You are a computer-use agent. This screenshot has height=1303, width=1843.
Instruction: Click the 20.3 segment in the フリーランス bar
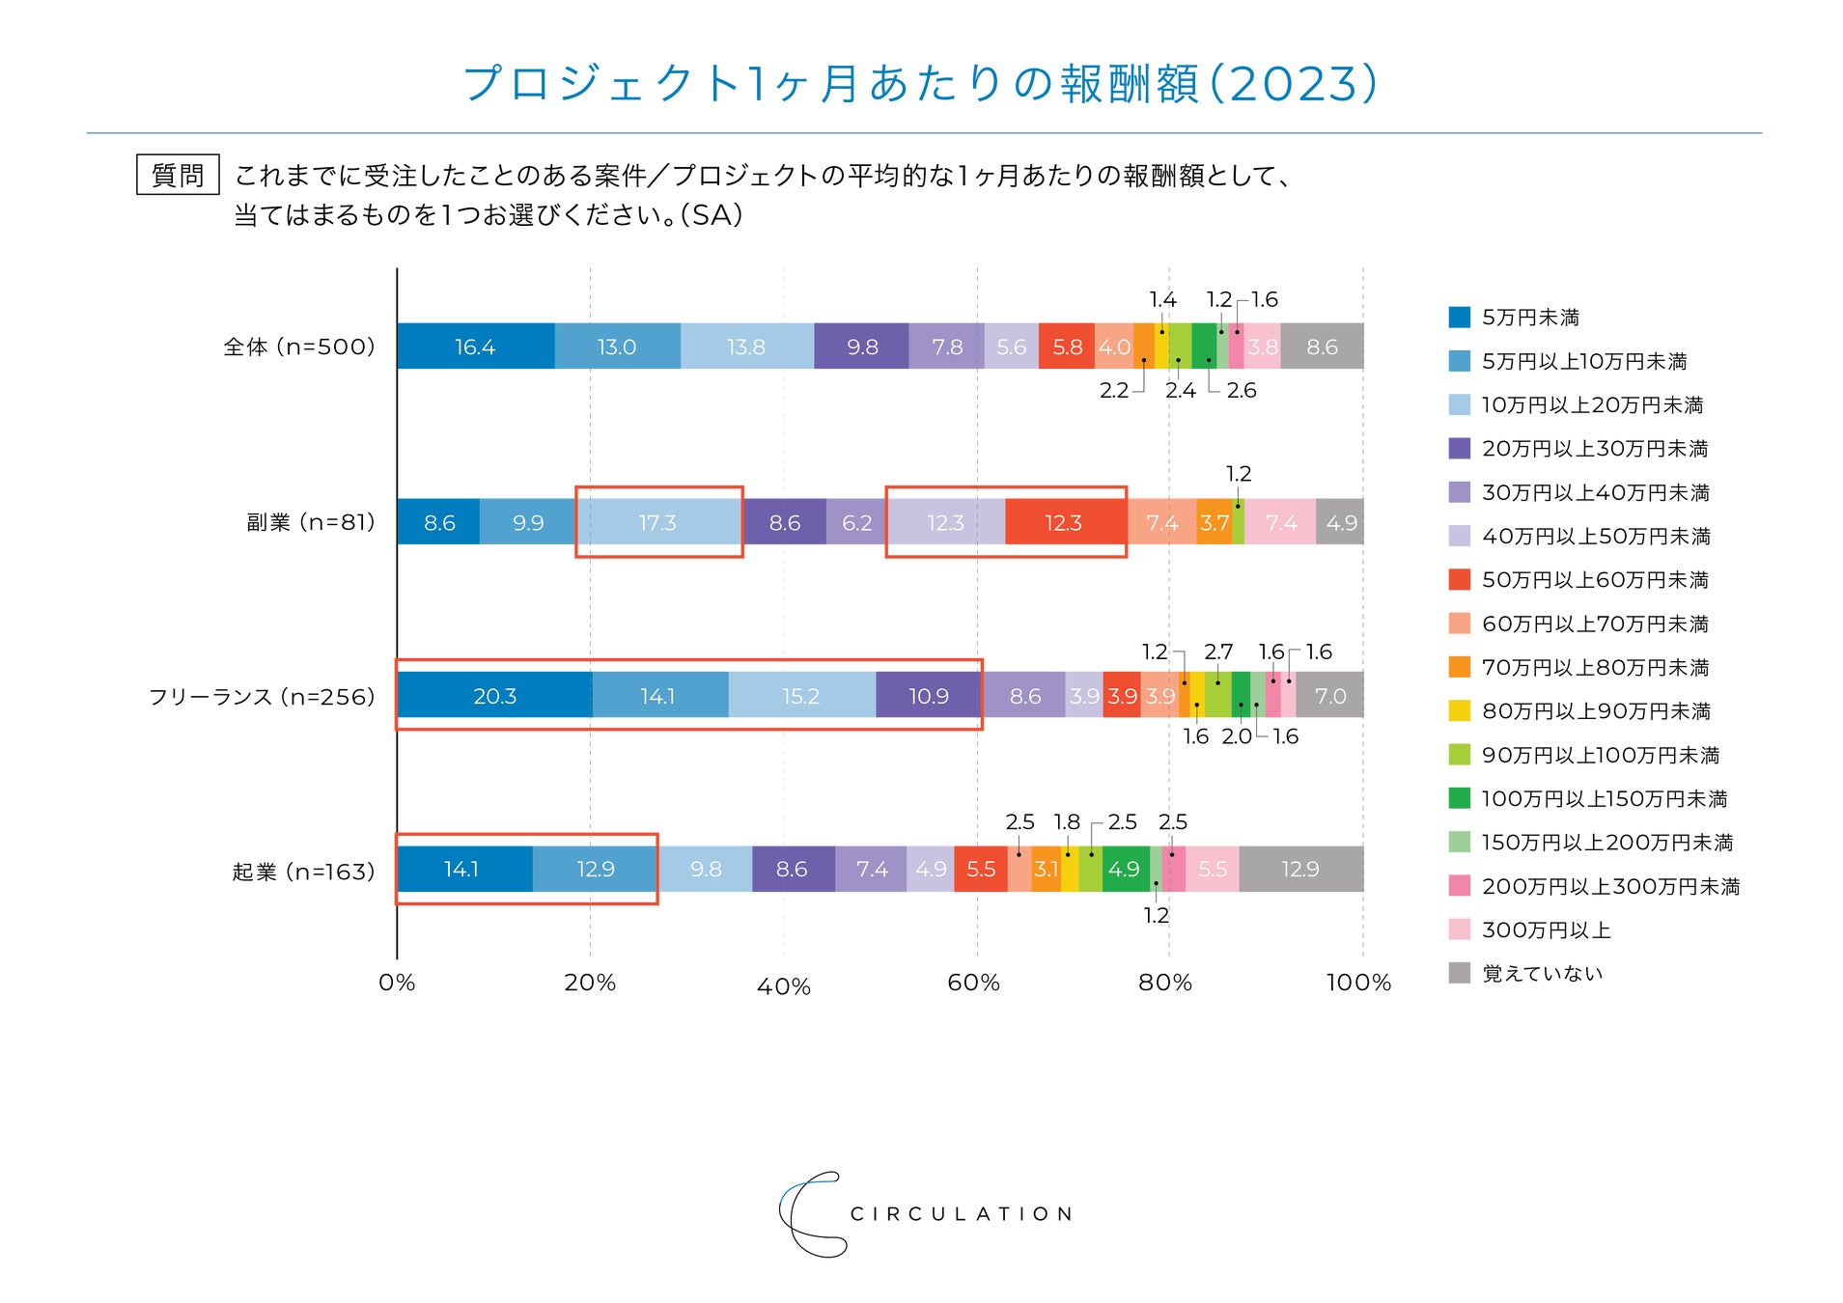[x=494, y=696]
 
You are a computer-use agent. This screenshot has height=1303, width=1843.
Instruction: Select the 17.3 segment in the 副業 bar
[x=657, y=522]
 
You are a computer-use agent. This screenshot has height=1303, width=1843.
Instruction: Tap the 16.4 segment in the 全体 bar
[x=475, y=347]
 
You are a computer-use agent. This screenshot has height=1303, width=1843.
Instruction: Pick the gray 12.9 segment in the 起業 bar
[x=1299, y=869]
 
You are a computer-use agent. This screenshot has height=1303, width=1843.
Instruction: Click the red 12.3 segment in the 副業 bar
[x=1063, y=522]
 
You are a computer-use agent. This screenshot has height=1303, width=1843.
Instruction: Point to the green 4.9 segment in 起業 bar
[x=1124, y=869]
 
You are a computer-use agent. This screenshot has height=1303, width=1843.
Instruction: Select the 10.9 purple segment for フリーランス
[x=928, y=696]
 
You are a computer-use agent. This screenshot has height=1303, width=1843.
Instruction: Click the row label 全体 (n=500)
[x=298, y=347]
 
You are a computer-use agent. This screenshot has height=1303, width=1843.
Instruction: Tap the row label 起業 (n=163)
[x=303, y=872]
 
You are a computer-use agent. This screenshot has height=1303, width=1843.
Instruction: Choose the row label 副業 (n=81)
[x=310, y=522]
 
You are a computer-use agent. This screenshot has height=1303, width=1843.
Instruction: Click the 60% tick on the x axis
[x=973, y=983]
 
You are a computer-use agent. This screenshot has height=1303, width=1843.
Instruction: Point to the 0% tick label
[x=397, y=983]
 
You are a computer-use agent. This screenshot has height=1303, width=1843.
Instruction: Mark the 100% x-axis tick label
[x=1358, y=983]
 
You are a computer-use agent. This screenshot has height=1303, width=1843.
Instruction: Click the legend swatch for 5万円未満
[x=1459, y=317]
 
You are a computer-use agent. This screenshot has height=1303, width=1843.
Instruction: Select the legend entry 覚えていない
[x=1542, y=973]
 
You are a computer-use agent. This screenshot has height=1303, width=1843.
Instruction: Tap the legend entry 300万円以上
[x=1546, y=929]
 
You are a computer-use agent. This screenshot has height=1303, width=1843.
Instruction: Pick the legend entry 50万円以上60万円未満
[x=1595, y=579]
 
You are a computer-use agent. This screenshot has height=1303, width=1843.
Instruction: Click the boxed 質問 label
[x=178, y=175]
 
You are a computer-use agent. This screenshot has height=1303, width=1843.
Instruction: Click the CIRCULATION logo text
[x=961, y=1213]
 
